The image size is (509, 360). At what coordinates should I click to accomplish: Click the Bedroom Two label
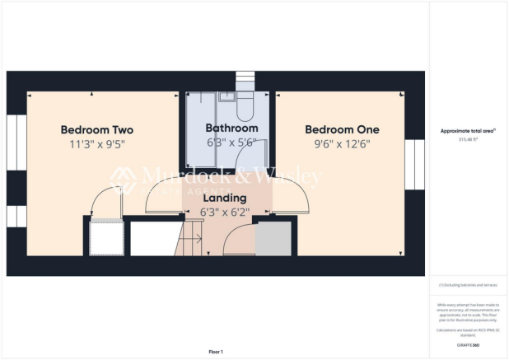pos(97,130)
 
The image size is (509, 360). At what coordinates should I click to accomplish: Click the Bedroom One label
pos(342,130)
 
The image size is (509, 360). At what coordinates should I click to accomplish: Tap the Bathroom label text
pos(231,129)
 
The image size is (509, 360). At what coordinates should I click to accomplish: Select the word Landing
pos(224,199)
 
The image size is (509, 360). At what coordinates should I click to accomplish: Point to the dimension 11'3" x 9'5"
pos(97,144)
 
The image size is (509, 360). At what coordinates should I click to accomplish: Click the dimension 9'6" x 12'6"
pos(342,144)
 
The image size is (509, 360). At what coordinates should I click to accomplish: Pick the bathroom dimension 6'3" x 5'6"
pos(231,142)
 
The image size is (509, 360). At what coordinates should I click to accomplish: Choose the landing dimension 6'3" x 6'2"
pos(225,212)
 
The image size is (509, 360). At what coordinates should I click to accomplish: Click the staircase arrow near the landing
pos(194,241)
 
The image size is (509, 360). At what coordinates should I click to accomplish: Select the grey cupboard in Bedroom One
pos(273,240)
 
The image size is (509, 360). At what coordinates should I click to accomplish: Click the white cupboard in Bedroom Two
pos(105,240)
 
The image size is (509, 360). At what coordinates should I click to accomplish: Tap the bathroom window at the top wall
pos(246,81)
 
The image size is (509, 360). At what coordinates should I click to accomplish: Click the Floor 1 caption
pos(216,352)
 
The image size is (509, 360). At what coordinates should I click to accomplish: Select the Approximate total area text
pos(468,132)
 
